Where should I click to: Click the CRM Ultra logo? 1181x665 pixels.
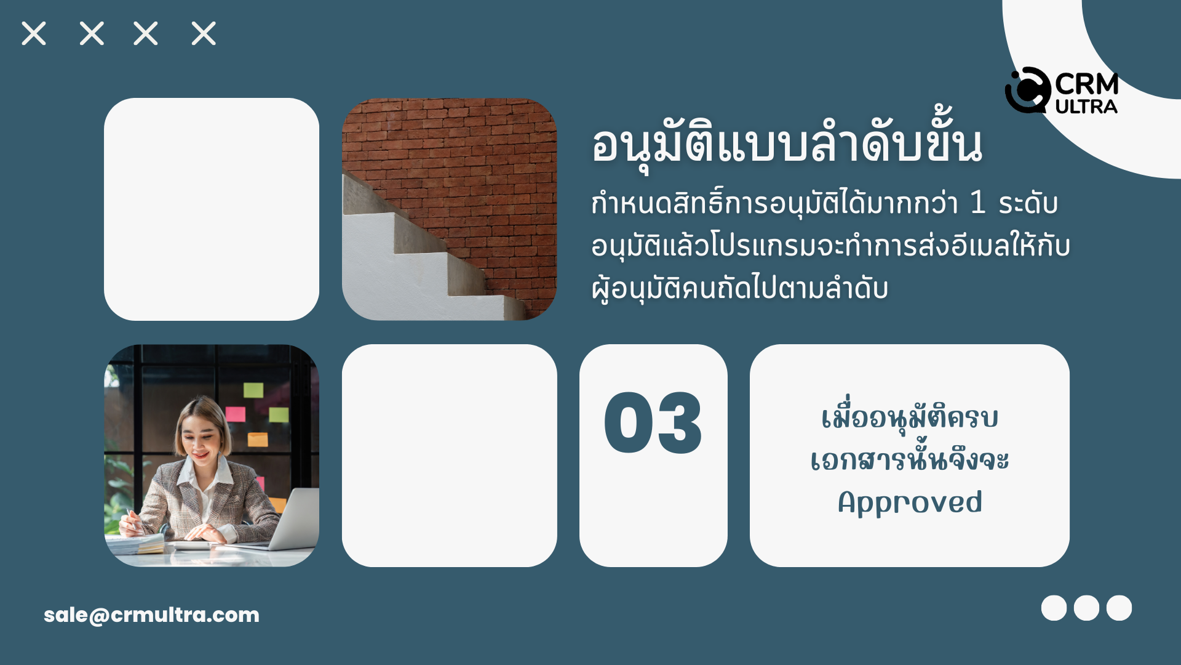pos(1061,91)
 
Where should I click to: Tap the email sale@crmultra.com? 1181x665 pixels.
pos(151,615)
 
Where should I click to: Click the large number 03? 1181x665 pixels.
pos(653,424)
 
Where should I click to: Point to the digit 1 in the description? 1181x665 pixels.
pos(978,202)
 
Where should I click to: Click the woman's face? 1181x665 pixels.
pos(201,441)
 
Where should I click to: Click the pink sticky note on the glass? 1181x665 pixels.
pos(236,414)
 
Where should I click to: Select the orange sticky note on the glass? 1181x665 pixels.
pos(258,439)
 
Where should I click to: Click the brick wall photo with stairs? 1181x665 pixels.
pos(449,209)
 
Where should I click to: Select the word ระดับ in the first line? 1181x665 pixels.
pos(1028,203)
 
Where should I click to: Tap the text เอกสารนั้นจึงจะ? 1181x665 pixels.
pos(910,458)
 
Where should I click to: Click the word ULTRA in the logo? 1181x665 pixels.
pos(1086,107)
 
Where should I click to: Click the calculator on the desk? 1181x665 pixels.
pos(192,545)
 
